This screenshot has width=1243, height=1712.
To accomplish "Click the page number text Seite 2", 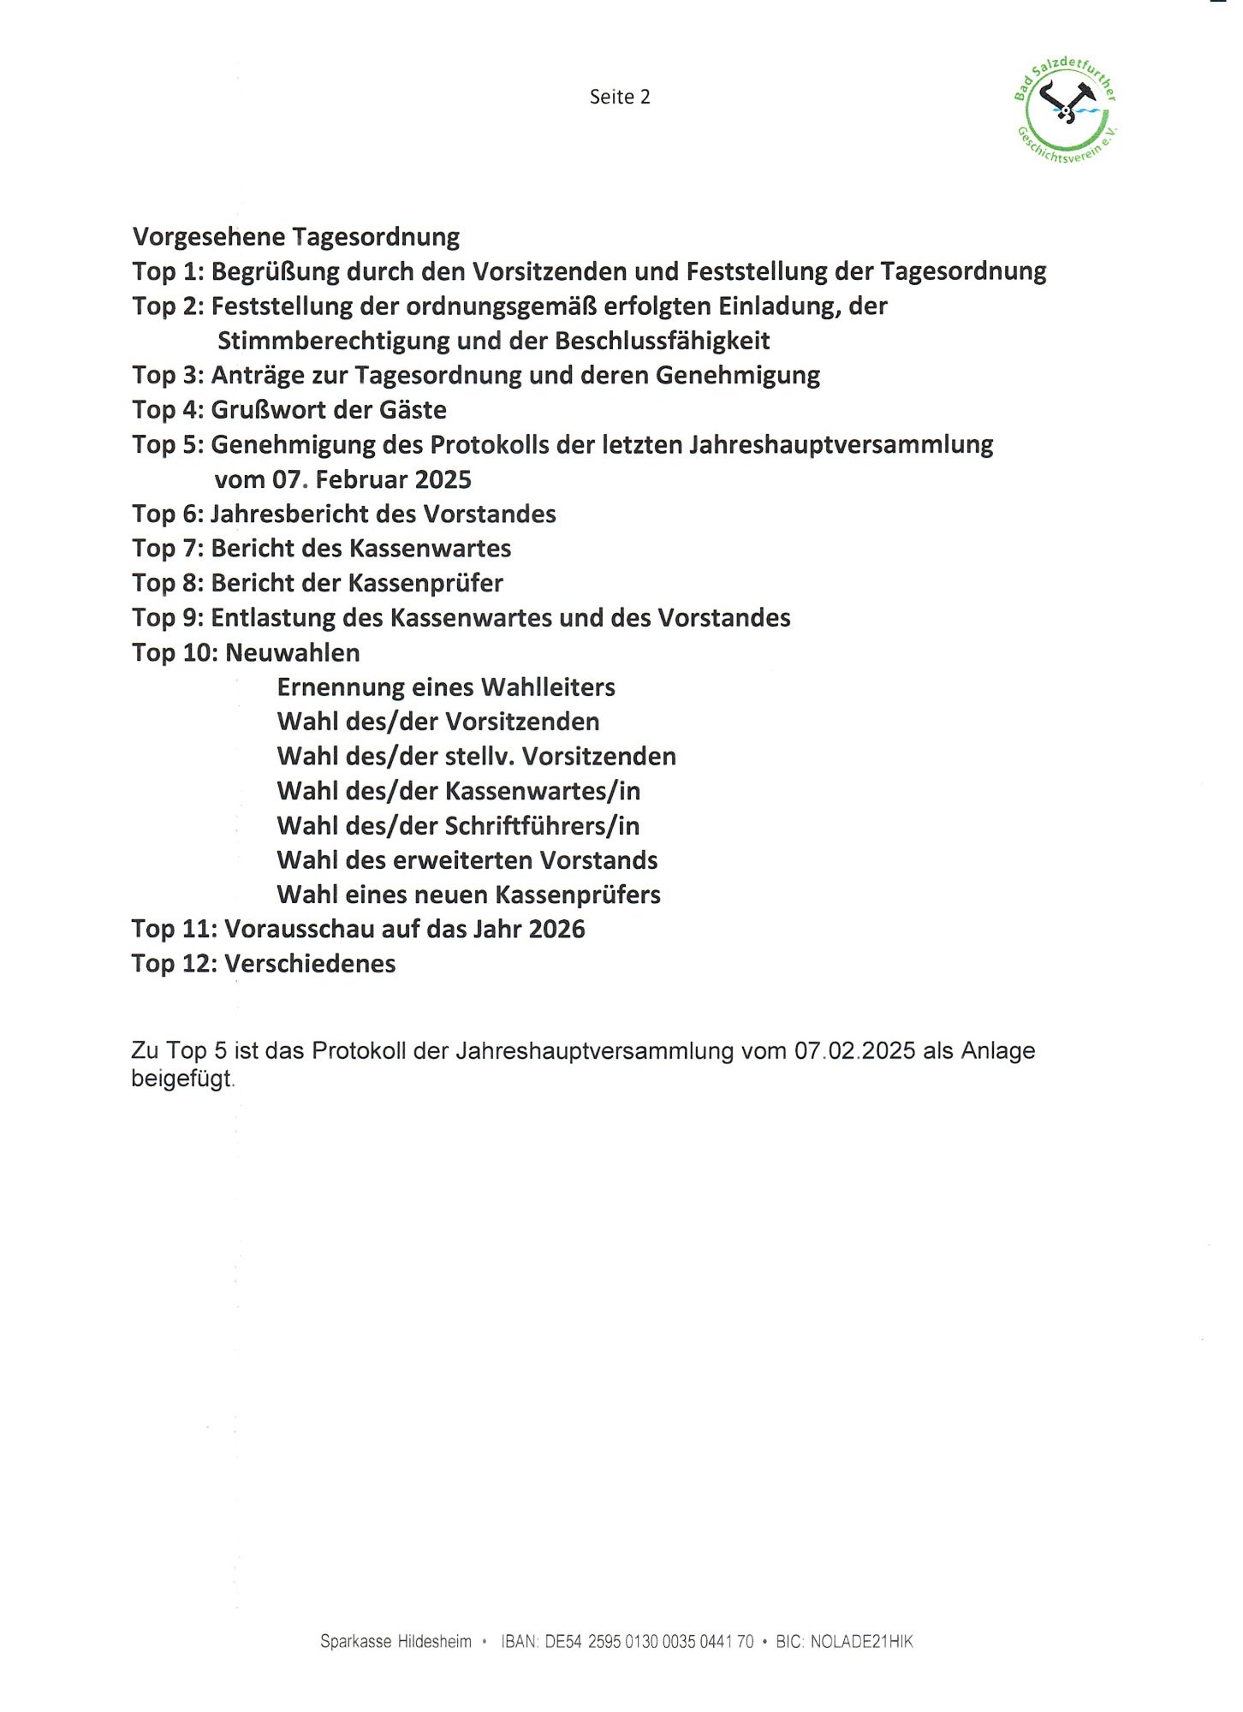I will (620, 97).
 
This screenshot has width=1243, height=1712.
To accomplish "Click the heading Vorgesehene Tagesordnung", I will (296, 236).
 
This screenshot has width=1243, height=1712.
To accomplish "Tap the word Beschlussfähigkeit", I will (662, 341).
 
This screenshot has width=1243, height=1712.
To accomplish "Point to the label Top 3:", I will (168, 375).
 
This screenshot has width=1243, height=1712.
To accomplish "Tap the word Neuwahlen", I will (292, 652).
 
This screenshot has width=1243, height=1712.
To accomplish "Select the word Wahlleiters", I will (548, 687).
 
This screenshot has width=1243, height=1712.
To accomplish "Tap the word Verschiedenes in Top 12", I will (310, 964).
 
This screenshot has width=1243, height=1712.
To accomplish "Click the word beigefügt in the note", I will (181, 1079).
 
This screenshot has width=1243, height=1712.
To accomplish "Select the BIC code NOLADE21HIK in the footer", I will (861, 1641).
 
